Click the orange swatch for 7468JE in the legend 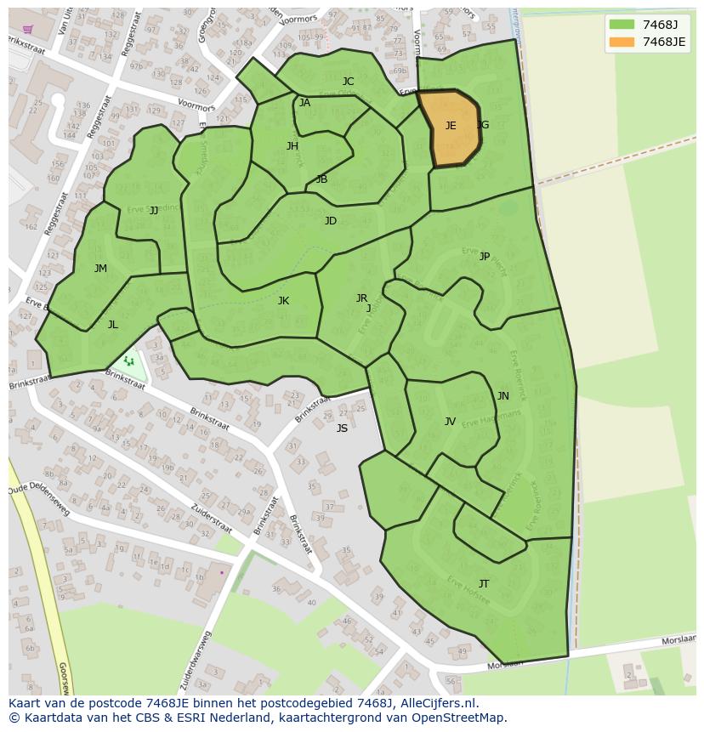point(622,42)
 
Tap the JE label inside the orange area point(451,126)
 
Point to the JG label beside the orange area point(483,125)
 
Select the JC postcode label point(348,82)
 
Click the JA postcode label point(304,103)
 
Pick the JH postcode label point(292,146)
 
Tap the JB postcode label point(321,179)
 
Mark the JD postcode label point(331,221)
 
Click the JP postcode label point(484,256)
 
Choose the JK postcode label point(283,300)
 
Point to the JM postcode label point(100,269)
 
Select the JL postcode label point(112,324)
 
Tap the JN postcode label point(502,396)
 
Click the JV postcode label point(450,421)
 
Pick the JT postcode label point(483,583)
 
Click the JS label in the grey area point(342,428)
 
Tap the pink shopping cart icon point(28,29)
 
